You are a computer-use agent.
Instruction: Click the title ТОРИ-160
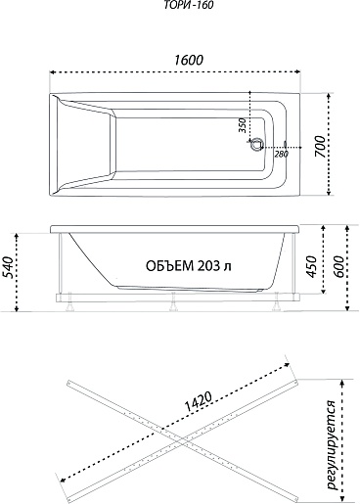189,5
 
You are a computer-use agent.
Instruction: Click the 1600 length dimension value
189,60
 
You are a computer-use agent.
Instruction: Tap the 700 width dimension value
321,147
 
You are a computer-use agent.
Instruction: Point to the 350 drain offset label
242,125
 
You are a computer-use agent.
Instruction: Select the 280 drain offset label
281,154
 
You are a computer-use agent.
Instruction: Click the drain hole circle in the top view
256,144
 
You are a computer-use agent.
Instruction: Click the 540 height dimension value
9,267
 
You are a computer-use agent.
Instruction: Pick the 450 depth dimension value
312,267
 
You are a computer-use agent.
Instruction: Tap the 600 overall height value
337,267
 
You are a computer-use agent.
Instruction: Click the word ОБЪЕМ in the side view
169,266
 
